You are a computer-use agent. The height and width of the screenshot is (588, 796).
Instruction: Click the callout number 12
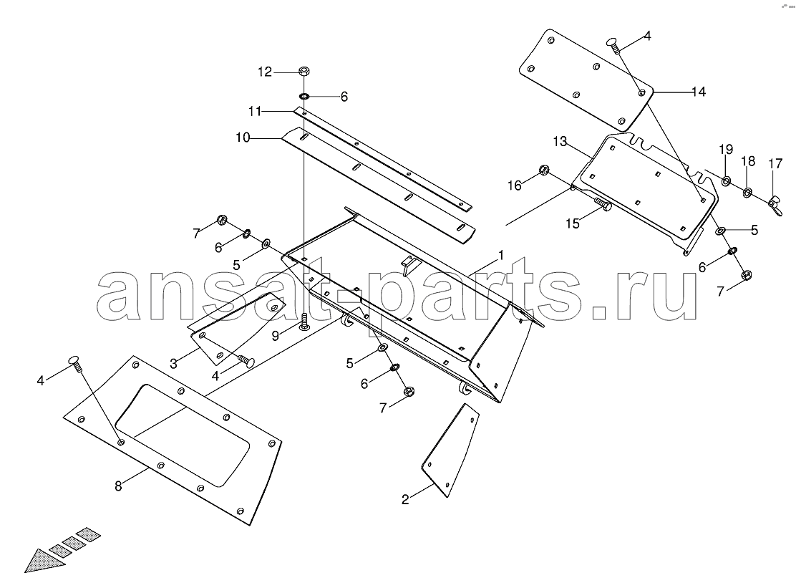click(x=264, y=72)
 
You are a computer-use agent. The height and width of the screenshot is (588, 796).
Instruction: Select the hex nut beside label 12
click(x=304, y=71)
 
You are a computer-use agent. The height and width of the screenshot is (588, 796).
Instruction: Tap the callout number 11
click(x=254, y=111)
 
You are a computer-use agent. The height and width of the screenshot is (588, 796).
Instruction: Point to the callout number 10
click(x=243, y=138)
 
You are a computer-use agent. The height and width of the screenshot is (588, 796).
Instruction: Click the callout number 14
click(x=699, y=92)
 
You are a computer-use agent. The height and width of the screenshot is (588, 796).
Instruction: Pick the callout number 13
click(x=560, y=142)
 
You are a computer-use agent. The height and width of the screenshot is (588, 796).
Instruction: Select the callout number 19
click(x=726, y=149)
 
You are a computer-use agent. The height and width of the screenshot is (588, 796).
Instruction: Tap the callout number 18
click(x=748, y=161)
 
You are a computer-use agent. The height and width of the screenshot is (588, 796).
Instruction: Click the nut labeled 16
click(x=543, y=170)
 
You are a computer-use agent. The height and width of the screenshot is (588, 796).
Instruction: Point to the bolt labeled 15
click(x=603, y=204)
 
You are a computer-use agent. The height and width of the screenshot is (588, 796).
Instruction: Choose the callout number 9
click(x=275, y=336)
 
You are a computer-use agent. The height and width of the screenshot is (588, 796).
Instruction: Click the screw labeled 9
click(x=304, y=322)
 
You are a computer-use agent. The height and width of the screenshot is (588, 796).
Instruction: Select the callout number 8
click(x=118, y=486)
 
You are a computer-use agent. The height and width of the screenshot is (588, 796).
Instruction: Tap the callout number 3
click(x=174, y=364)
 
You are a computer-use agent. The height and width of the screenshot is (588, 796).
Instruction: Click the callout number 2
click(x=405, y=500)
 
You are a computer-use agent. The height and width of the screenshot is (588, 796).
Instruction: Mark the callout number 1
click(x=501, y=256)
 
